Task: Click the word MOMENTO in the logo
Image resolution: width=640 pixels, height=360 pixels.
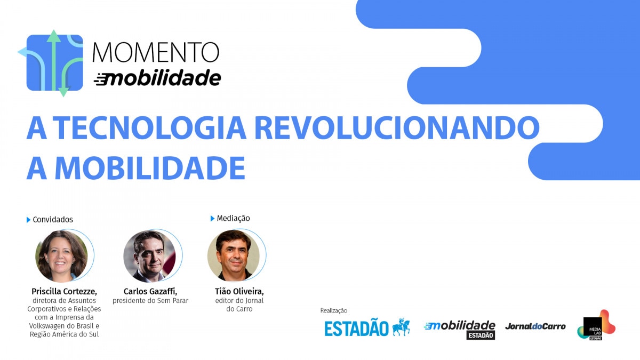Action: (156, 52)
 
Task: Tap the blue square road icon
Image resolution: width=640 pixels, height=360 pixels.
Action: (54, 63)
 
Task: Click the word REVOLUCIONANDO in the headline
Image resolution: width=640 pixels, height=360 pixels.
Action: (397, 127)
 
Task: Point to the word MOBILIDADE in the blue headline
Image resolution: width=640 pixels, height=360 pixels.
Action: (150, 167)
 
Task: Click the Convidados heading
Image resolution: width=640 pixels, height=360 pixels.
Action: (53, 219)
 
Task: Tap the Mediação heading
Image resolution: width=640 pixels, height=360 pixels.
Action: (233, 218)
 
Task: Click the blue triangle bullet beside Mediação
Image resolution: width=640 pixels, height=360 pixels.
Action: (212, 219)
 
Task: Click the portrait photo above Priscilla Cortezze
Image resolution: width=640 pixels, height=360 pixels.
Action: (62, 255)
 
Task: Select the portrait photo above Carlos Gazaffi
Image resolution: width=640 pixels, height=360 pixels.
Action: (150, 255)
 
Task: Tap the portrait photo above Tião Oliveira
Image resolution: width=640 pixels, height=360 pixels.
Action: (234, 255)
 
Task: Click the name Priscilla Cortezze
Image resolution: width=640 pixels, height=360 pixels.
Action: (65, 291)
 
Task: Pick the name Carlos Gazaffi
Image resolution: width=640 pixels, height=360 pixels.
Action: (150, 291)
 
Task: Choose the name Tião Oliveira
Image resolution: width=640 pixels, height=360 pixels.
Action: (239, 291)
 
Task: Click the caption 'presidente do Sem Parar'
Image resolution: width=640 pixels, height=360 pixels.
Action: (150, 301)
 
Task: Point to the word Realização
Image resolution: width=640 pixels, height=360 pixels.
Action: (334, 310)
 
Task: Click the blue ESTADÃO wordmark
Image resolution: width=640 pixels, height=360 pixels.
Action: (356, 329)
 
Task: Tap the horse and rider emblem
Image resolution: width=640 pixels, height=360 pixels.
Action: (401, 327)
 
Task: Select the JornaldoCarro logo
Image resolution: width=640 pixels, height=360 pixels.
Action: (535, 326)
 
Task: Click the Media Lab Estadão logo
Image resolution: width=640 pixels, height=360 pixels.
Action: (596, 325)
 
